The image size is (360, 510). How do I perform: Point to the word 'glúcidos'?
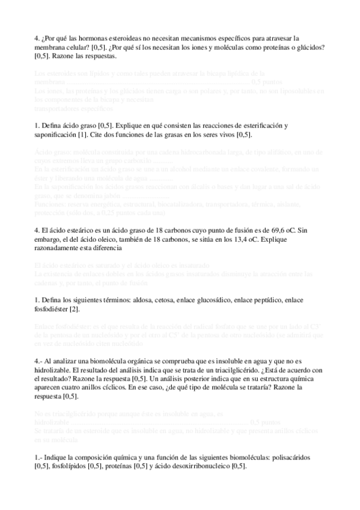click(308, 48)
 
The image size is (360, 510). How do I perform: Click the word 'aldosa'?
click(144, 300)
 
